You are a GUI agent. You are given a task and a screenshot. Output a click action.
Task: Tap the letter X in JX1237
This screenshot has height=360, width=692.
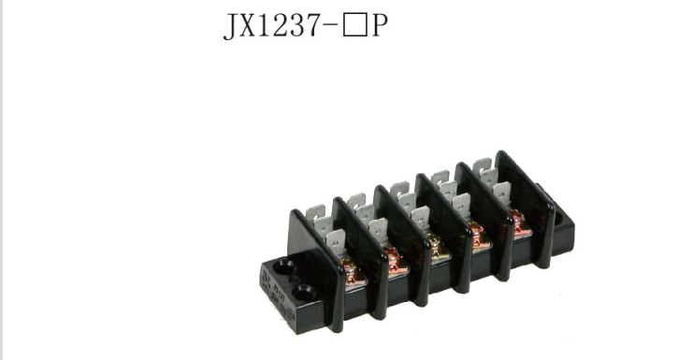click(248, 24)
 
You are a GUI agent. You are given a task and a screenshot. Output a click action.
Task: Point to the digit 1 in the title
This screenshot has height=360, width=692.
click(264, 24)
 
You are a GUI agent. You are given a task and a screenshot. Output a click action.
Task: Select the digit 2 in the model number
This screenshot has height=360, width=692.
click(281, 24)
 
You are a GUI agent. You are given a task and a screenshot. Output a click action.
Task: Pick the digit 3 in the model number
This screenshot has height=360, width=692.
click(298, 25)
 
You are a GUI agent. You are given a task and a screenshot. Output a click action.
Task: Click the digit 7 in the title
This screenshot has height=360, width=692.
click(314, 25)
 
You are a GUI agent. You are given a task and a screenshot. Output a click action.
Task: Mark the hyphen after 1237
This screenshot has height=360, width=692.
click(331, 26)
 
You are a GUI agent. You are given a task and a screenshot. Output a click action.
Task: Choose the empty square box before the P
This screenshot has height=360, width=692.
click(354, 25)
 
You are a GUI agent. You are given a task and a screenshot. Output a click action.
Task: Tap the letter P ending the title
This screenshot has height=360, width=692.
click(379, 25)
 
